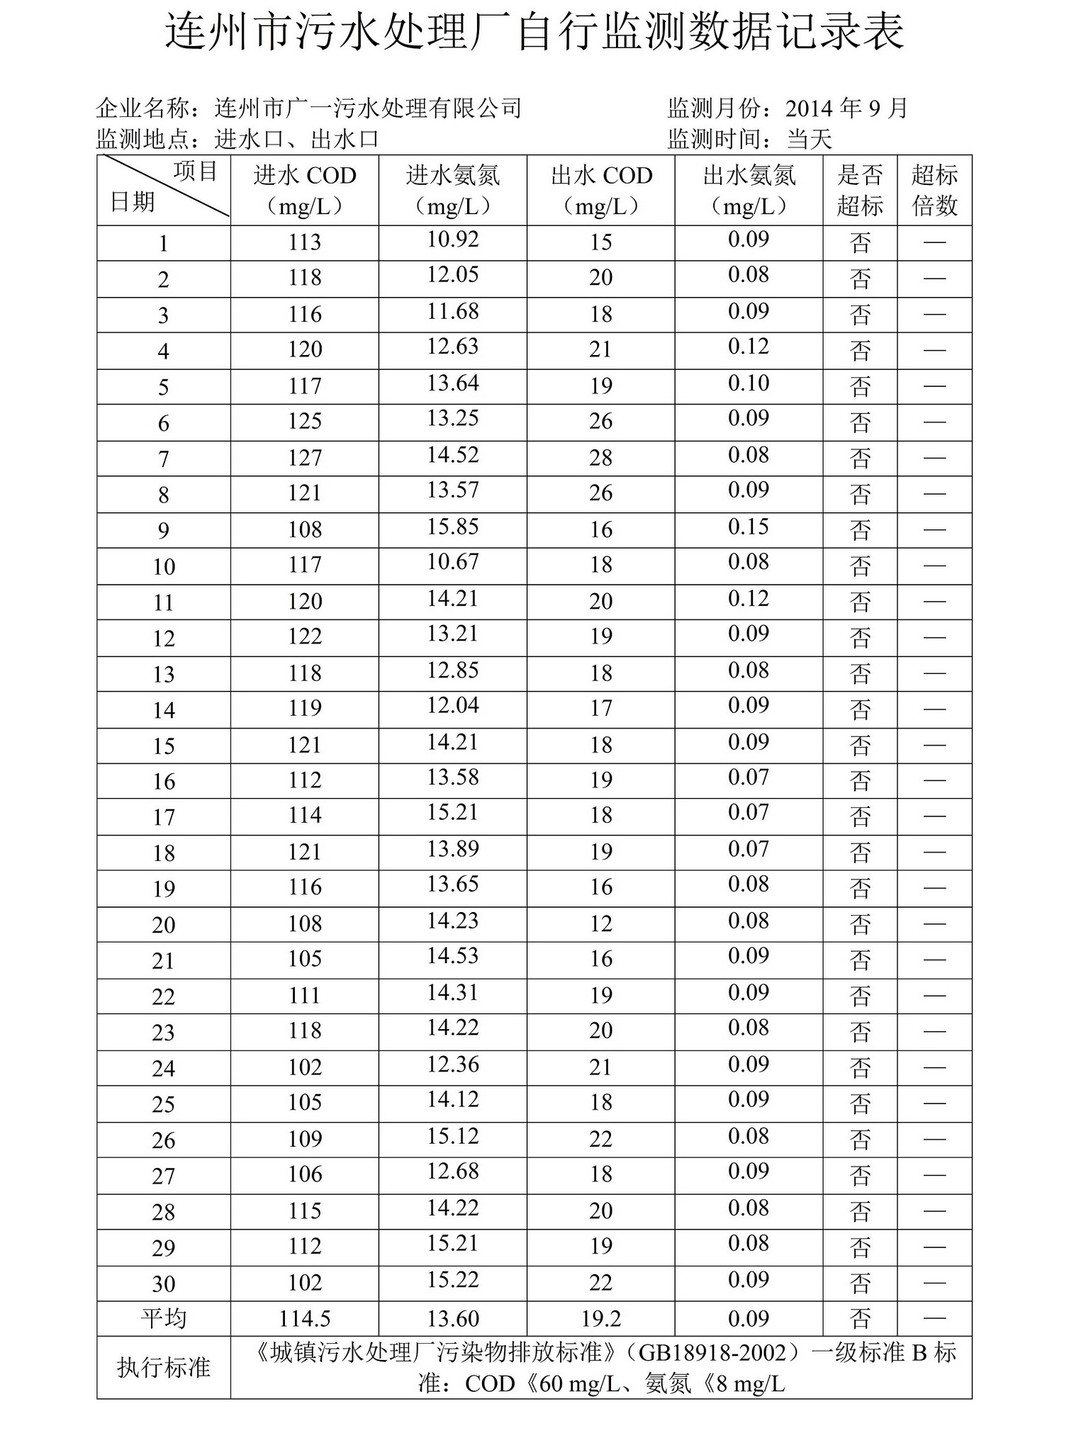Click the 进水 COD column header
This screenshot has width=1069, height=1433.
(304, 190)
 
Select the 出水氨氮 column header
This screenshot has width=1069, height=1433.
(749, 190)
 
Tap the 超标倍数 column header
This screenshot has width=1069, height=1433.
(934, 190)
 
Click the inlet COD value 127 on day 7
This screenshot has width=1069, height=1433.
(305, 458)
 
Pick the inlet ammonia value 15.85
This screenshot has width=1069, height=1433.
(452, 527)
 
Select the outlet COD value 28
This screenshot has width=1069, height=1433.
(600, 458)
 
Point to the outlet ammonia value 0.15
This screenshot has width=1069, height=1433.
(749, 527)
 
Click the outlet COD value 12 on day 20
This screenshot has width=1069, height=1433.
(600, 923)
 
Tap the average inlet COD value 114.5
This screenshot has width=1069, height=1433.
(305, 1319)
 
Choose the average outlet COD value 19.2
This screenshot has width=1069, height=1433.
(600, 1319)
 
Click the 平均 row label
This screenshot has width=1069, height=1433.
(164, 1318)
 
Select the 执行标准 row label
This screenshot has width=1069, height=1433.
(164, 1367)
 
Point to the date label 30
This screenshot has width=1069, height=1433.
(164, 1283)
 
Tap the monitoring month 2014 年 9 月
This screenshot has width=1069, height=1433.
(846, 108)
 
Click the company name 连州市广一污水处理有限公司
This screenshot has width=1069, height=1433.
(368, 108)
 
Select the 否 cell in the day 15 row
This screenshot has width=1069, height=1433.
(860, 746)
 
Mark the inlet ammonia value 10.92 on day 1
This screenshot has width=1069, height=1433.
(452, 240)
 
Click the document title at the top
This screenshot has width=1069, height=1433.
(534, 33)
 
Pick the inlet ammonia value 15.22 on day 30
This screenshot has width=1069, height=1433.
(452, 1280)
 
